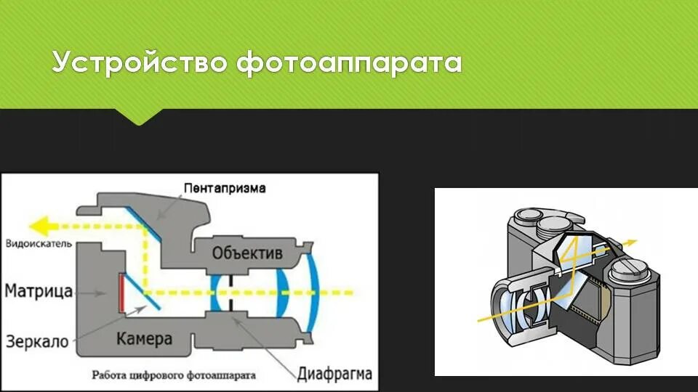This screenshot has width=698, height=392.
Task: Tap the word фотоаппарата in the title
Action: [349, 63]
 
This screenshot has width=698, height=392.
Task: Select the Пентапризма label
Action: [225, 188]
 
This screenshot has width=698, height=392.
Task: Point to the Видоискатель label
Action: [38, 244]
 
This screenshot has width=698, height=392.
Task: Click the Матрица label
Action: [39, 291]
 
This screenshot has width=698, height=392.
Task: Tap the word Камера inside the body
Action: [144, 339]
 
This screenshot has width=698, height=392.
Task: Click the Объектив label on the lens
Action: [247, 253]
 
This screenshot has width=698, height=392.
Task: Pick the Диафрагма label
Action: [334, 375]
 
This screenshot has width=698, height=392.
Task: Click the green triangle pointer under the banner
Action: [138, 117]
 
